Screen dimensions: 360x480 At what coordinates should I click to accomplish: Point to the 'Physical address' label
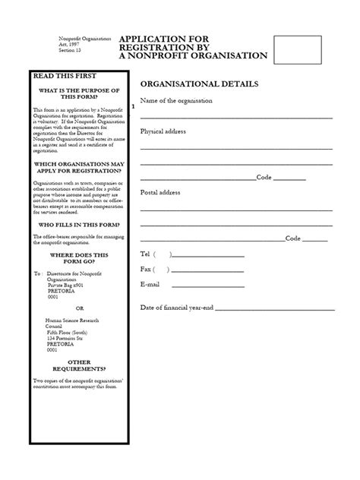pos(163,131)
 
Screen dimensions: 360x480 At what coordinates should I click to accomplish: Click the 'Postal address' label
pos(160,192)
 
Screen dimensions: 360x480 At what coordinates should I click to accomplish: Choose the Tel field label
pos(146,254)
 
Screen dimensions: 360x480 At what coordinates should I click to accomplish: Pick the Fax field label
pos(146,269)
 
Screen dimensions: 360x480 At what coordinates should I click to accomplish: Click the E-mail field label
pos(150,284)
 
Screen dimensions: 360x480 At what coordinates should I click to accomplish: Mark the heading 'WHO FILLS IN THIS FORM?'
pos(80,226)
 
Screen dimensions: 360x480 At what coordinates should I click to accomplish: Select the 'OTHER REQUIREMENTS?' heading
pos(80,366)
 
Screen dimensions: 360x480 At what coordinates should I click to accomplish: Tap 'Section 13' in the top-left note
pos(71,49)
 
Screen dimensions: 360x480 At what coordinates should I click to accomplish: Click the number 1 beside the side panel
pos(134,107)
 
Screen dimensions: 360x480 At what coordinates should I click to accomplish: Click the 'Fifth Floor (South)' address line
pos(71,333)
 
